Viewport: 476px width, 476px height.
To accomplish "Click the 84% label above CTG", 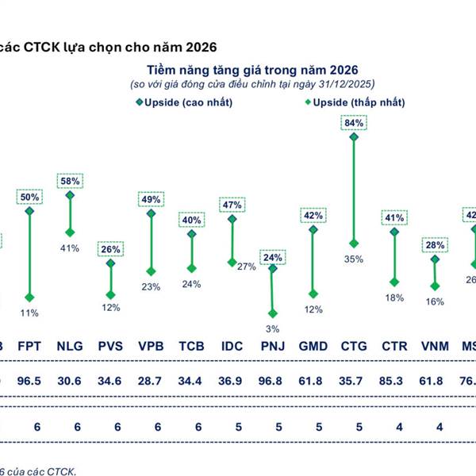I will click(353, 122).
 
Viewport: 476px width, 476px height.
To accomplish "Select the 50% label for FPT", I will click(29, 196).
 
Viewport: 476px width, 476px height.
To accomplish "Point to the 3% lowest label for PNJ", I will click(273, 330).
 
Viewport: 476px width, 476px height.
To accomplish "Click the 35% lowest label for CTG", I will click(353, 259).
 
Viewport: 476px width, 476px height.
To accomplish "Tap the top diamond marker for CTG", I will click(353, 138).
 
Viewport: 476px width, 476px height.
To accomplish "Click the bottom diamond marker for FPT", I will click(29, 298).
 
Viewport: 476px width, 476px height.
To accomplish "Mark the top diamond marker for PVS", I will click(110, 263).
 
